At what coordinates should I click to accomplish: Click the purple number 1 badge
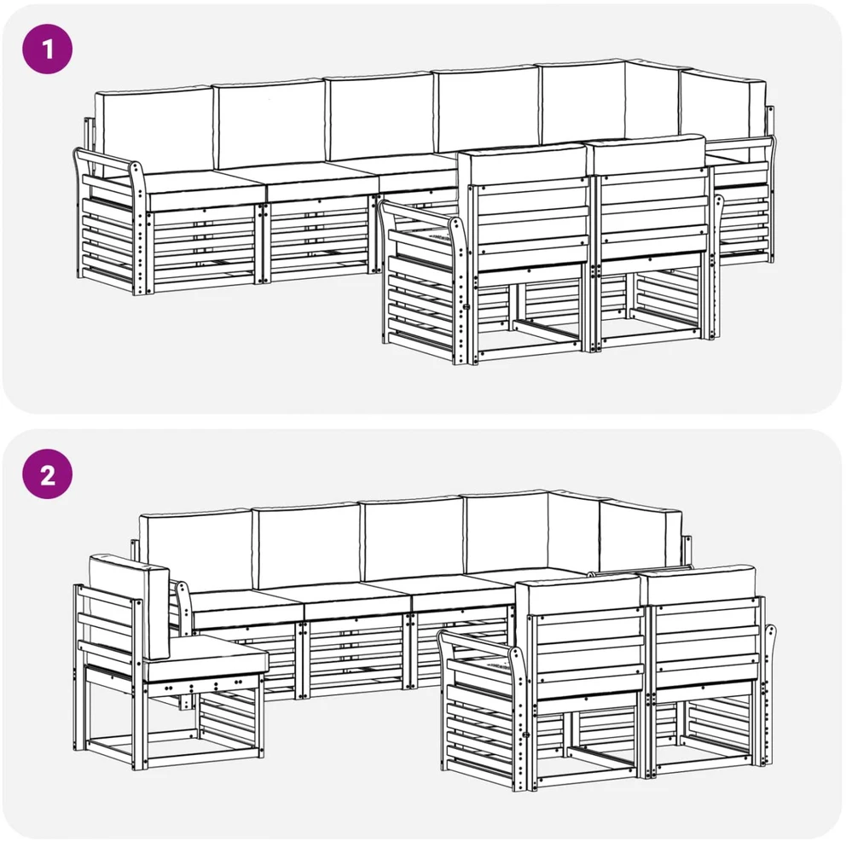(48, 49)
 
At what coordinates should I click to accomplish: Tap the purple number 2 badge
(48, 474)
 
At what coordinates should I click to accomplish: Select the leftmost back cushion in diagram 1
(154, 130)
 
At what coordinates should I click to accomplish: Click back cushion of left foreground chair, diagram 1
(523, 165)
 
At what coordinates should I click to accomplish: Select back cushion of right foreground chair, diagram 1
(647, 156)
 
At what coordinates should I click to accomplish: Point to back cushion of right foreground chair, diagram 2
(699, 586)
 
